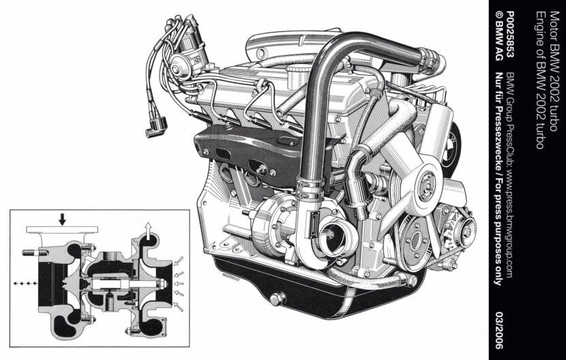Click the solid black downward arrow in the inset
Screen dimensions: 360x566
pyautogui.click(x=62, y=219)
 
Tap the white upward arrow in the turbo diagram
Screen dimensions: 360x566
pyautogui.click(x=148, y=230)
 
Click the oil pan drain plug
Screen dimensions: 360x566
pyautogui.click(x=278, y=299)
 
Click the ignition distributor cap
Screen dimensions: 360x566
pyautogui.click(x=181, y=65)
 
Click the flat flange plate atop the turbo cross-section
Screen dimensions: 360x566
pyautogui.click(x=62, y=230)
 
